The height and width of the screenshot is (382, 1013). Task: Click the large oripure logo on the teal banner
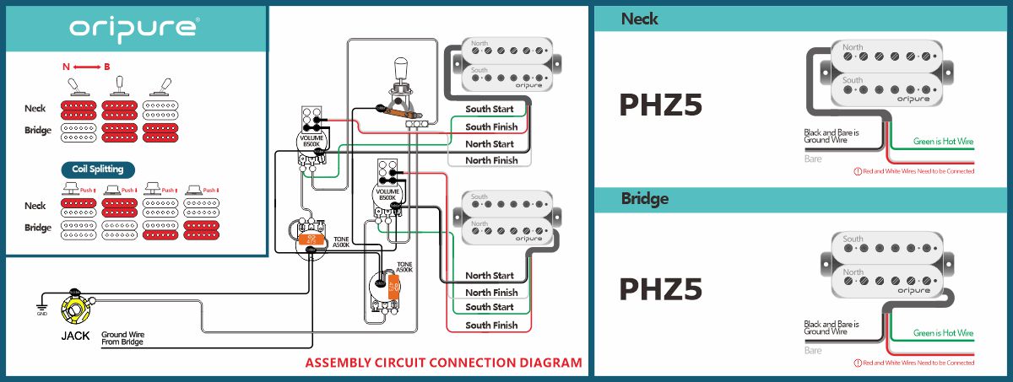(134, 28)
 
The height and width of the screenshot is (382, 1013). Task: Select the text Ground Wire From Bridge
(122, 338)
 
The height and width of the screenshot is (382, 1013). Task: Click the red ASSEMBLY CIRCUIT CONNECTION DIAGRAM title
(443, 363)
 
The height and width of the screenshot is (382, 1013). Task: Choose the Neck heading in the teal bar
(640, 18)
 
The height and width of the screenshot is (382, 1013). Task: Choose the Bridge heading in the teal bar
(645, 199)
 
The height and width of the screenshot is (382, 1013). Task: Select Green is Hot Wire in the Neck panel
(943, 143)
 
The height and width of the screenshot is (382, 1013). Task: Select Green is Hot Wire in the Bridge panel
(943, 333)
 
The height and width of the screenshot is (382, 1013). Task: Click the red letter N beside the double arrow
(66, 66)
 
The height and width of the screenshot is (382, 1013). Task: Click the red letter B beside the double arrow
(107, 66)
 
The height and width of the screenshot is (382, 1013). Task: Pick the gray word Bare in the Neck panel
(813, 158)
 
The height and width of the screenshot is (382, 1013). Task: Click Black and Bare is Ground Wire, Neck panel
(832, 137)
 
